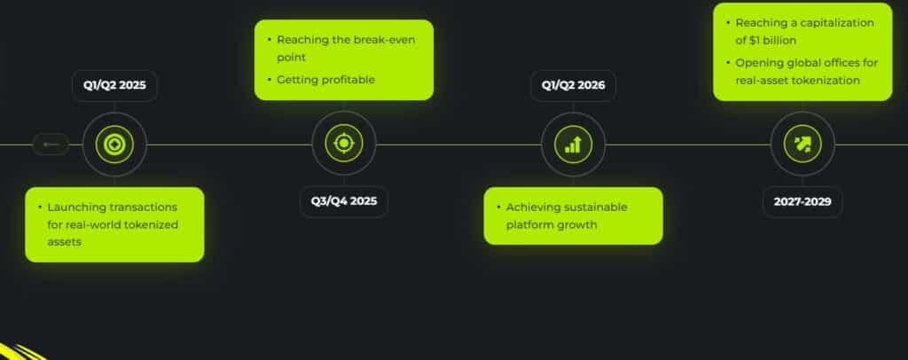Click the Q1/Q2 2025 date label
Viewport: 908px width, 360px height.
(x=114, y=87)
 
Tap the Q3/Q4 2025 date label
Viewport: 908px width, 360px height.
(x=344, y=201)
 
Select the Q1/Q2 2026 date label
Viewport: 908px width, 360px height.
(x=574, y=87)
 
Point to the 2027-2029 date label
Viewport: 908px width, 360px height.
(x=802, y=201)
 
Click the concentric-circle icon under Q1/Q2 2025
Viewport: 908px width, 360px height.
(x=114, y=144)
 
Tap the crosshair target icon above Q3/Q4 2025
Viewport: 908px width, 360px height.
(x=344, y=144)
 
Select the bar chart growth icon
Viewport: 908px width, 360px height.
(x=574, y=144)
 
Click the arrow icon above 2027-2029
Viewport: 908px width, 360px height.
(x=802, y=144)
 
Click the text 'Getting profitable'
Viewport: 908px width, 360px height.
(x=325, y=80)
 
